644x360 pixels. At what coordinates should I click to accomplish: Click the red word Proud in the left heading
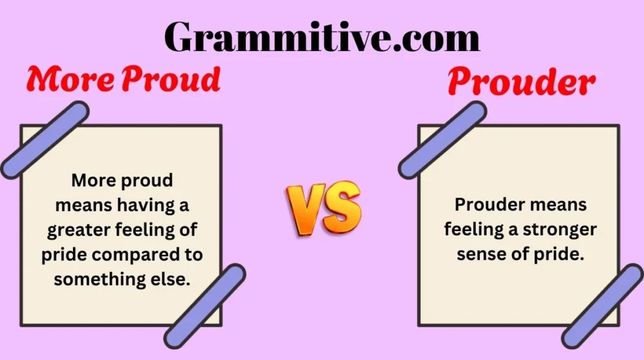(170, 81)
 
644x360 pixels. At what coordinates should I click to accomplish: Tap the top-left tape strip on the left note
(44, 139)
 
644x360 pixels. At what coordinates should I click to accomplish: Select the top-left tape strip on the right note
(442, 139)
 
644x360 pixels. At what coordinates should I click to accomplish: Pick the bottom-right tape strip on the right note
(603, 306)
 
